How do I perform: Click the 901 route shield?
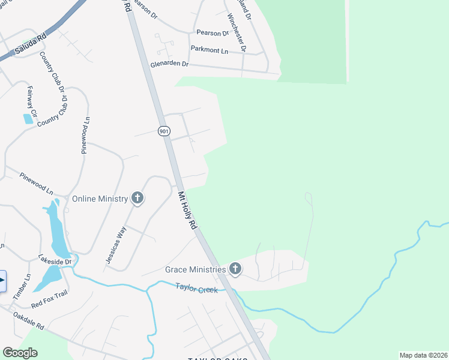pyautogui.click(x=164, y=131)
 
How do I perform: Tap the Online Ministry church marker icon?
pyautogui.click(x=137, y=199)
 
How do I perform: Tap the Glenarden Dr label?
pyautogui.click(x=169, y=64)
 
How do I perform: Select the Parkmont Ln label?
pyautogui.click(x=209, y=50)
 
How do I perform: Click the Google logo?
pyautogui.click(x=20, y=353)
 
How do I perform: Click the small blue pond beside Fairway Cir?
pyautogui.click(x=28, y=118)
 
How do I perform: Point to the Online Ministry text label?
pyautogui.click(x=100, y=199)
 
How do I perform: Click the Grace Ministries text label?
pyautogui.click(x=195, y=269)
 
